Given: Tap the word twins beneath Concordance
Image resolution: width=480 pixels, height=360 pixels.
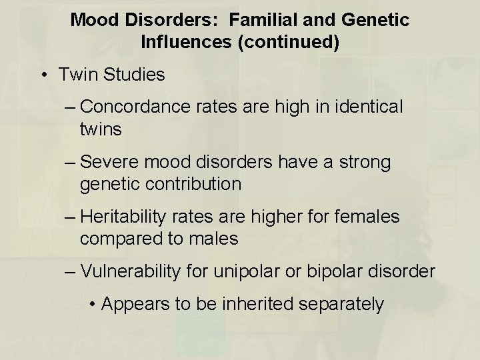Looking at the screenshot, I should pyautogui.click(x=101, y=129).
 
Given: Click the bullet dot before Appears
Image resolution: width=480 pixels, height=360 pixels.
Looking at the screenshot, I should pyautogui.click(x=93, y=305).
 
